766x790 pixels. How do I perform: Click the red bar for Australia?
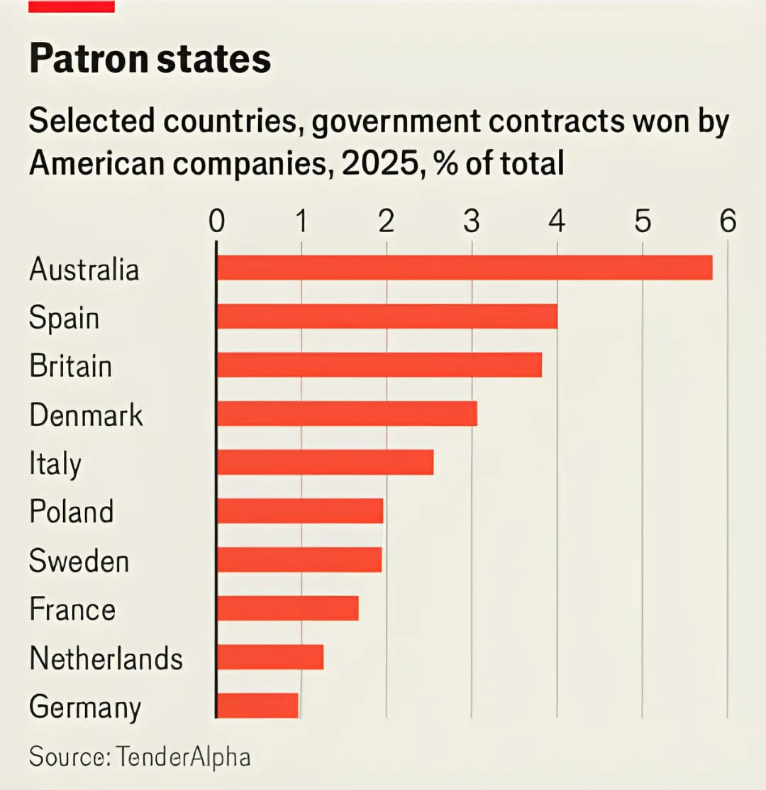[x=465, y=268]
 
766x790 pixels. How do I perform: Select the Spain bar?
[x=387, y=317]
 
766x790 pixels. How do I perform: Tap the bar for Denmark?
[x=347, y=414]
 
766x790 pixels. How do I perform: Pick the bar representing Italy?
[x=325, y=463]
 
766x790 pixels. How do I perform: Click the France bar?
[x=288, y=608]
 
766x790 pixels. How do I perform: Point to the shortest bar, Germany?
[x=257, y=706]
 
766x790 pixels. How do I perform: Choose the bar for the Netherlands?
[x=270, y=657]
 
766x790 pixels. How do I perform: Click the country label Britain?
[x=70, y=366]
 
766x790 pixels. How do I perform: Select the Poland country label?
[x=72, y=511]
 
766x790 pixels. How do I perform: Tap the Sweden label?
[x=79, y=560]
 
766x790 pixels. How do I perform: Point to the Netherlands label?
[x=106, y=658]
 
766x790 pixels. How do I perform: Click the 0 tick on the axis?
[x=217, y=221]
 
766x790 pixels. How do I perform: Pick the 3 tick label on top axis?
[x=472, y=221]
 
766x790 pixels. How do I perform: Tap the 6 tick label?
[x=728, y=221]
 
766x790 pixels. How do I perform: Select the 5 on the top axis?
[x=642, y=221]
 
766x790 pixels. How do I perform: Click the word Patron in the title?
[x=89, y=58]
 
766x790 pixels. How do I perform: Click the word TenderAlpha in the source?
[x=183, y=756]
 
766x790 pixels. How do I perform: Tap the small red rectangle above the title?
[x=72, y=6]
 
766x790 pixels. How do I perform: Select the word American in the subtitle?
[x=96, y=164]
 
